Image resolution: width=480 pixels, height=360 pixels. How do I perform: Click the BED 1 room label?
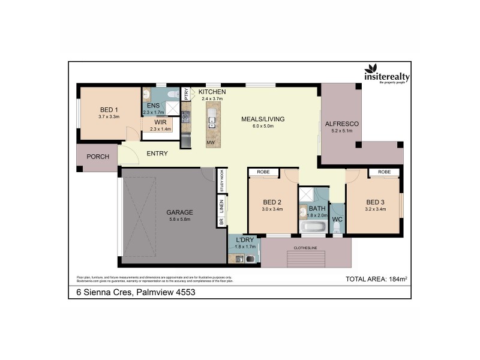pyautogui.click(x=109, y=109)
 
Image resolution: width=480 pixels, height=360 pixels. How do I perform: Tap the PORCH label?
pyautogui.click(x=98, y=157)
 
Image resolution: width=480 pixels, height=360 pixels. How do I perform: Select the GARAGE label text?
pyautogui.click(x=179, y=212)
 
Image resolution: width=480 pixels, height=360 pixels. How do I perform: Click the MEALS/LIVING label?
pyautogui.click(x=262, y=119)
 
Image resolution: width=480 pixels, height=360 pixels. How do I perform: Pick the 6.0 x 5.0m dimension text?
pyautogui.click(x=262, y=127)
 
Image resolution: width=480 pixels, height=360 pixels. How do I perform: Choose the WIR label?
pyautogui.click(x=160, y=122)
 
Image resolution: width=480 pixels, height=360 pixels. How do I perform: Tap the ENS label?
pyautogui.click(x=152, y=106)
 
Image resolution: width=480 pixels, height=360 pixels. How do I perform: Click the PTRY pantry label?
pyautogui.click(x=187, y=94)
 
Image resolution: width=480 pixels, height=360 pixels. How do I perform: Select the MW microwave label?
pyautogui.click(x=211, y=143)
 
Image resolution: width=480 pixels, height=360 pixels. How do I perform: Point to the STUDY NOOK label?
pyautogui.click(x=221, y=181)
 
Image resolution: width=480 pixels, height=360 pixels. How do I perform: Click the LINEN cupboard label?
pyautogui.click(x=221, y=206)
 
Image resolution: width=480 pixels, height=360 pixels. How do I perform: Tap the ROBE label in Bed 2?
pyautogui.click(x=263, y=172)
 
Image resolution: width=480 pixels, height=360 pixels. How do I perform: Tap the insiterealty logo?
pyautogui.click(x=383, y=74)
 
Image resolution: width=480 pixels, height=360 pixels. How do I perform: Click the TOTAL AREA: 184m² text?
pyautogui.click(x=374, y=279)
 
